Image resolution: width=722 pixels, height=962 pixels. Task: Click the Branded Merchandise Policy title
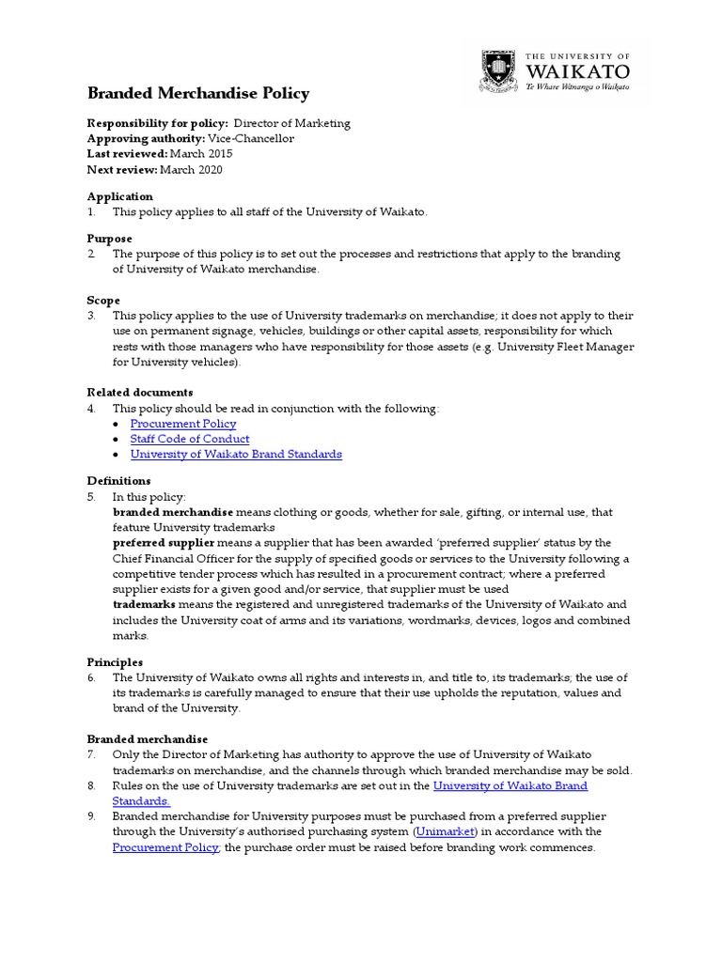tap(197, 93)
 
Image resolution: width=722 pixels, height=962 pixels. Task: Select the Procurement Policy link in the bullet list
tap(182, 424)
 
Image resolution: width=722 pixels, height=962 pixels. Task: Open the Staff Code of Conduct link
tap(189, 439)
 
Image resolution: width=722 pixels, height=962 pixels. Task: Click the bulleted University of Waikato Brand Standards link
tap(235, 454)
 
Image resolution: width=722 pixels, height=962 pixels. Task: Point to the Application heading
tap(119, 196)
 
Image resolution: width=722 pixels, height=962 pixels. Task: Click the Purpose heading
tap(109, 239)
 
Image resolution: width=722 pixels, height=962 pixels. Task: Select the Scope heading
tap(103, 300)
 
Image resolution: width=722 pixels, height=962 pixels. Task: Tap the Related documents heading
tap(140, 392)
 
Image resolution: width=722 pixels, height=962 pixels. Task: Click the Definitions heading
tap(119, 480)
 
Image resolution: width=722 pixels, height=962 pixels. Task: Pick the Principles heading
tap(115, 662)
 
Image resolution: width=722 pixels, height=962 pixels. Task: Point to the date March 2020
tap(191, 169)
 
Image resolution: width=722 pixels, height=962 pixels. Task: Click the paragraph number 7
tap(91, 754)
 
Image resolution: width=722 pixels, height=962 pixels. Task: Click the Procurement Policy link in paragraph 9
tap(165, 846)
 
